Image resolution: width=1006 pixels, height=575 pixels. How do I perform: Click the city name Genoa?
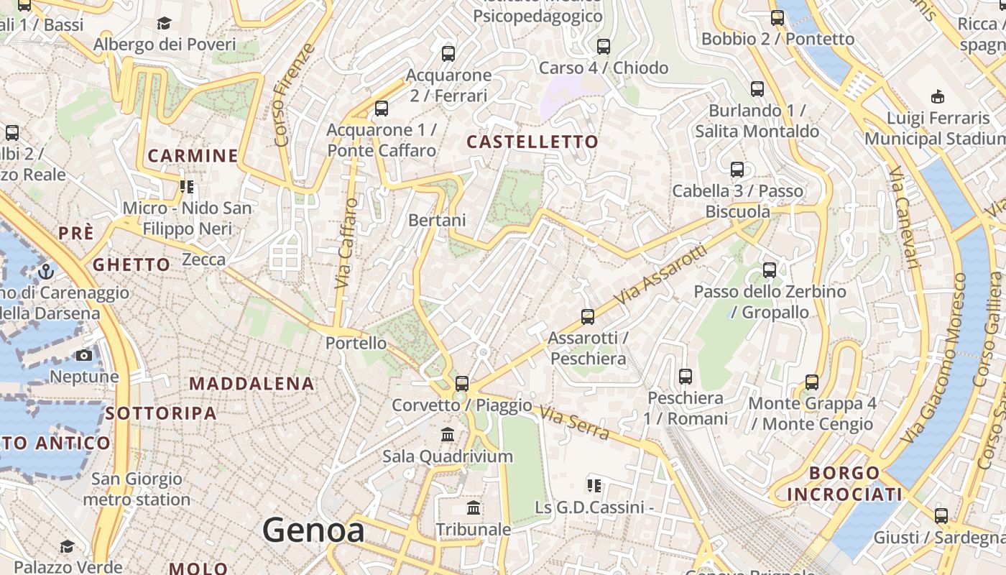point(313,530)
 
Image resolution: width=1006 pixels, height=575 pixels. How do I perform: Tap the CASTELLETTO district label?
point(532,142)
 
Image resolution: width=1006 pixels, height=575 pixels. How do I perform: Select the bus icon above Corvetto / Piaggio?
point(462,383)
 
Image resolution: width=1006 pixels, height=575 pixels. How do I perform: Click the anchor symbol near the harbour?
point(46,272)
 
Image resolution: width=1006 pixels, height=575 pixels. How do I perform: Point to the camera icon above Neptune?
point(84,355)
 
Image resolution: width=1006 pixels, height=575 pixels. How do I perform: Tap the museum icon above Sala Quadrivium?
point(448,434)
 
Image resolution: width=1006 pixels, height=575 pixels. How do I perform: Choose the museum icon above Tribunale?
point(474,507)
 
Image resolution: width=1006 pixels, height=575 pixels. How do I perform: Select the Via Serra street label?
point(574,423)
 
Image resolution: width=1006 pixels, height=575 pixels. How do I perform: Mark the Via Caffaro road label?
point(346,244)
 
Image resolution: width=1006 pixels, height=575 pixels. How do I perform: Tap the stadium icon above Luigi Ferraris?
point(938,96)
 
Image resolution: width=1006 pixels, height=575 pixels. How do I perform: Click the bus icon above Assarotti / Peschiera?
point(588,316)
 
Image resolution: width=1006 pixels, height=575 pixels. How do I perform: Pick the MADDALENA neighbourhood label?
point(251,384)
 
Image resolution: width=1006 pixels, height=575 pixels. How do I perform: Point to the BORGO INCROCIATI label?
point(844,484)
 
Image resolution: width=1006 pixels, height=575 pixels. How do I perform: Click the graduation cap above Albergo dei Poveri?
point(164,23)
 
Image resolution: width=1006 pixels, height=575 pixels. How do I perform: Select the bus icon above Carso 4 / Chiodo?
point(604,47)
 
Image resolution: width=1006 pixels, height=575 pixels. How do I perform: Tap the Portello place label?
point(356,343)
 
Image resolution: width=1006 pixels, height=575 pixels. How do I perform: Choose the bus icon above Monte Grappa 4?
point(812,382)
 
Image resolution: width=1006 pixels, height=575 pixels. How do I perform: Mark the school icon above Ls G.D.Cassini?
point(594,485)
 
